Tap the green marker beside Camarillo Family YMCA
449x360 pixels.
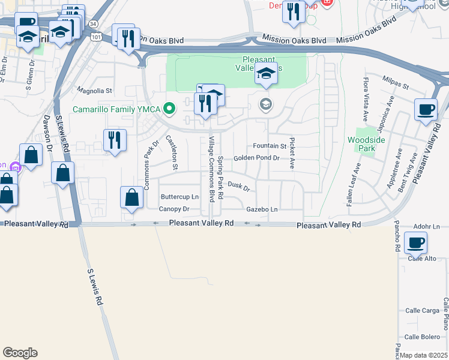tap(170, 109)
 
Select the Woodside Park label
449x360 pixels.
tap(361, 144)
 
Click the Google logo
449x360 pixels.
tap(20, 353)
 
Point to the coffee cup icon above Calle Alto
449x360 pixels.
tap(415, 243)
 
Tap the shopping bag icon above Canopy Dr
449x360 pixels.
tap(132, 197)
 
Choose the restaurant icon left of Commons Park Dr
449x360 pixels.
tap(113, 140)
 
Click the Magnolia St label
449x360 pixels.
tap(94, 91)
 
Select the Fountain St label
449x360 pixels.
tap(270, 146)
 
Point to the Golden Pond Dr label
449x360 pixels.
tap(256, 158)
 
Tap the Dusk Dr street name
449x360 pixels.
tap(238, 187)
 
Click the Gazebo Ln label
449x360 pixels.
tap(262, 209)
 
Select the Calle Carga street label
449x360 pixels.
tap(422, 310)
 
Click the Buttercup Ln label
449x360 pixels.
tap(179, 197)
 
